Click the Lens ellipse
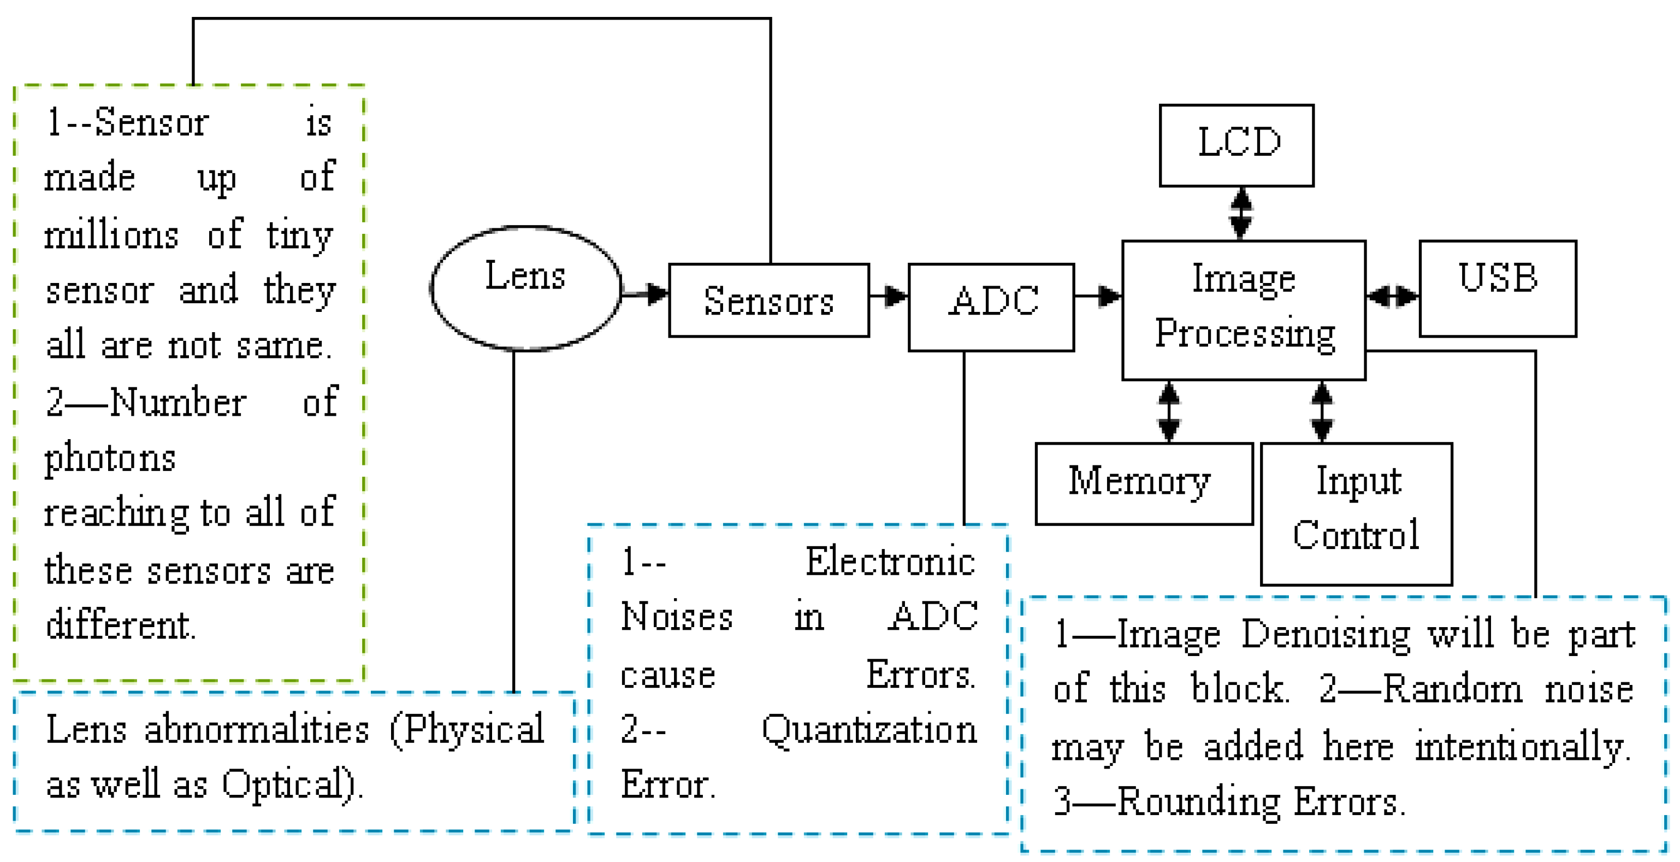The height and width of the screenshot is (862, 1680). coord(525,288)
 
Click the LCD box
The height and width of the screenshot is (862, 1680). coord(1237,145)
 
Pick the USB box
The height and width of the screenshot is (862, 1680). coord(1498,288)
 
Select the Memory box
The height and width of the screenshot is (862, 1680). coord(1144,483)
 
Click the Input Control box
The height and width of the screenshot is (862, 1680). coord(1357,513)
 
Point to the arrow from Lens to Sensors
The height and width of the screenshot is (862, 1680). coord(646,294)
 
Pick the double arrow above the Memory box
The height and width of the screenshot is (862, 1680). coord(1169,412)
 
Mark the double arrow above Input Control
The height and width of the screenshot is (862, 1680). coord(1322,412)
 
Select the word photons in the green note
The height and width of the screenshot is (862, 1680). coord(110,459)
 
